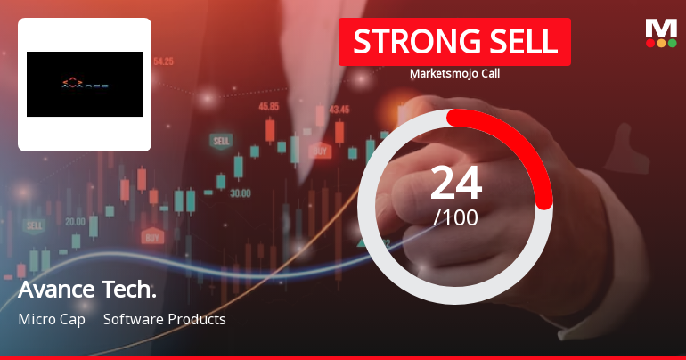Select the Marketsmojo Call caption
tap(454, 73)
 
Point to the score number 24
tap(455, 183)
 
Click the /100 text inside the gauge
tap(455, 217)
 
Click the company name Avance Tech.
tap(87, 290)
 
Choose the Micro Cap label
tap(52, 319)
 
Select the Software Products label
tap(165, 319)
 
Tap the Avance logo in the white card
tap(85, 85)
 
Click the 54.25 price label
tap(163, 61)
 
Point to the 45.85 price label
tap(268, 106)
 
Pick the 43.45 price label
tap(339, 110)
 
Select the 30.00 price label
tap(240, 192)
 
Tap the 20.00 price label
tap(75, 221)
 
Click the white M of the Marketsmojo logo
tap(660, 28)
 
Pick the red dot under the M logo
tap(650, 43)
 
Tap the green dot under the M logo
tap(672, 43)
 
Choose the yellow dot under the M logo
tap(661, 43)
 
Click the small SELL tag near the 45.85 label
tap(220, 141)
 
